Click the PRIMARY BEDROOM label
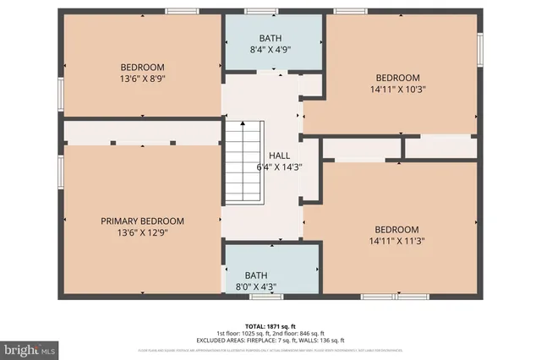click(x=142, y=221)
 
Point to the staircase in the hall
click(x=243, y=161)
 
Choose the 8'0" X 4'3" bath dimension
click(x=254, y=286)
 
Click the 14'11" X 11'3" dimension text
click(x=396, y=240)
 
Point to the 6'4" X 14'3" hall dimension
click(x=279, y=167)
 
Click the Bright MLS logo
click(x=30, y=347)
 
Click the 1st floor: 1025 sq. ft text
click(x=245, y=332)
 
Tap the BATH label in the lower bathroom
click(x=254, y=275)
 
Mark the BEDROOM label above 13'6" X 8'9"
click(x=142, y=68)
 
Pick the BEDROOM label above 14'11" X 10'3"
click(x=396, y=78)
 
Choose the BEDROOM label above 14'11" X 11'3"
click(x=396, y=229)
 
